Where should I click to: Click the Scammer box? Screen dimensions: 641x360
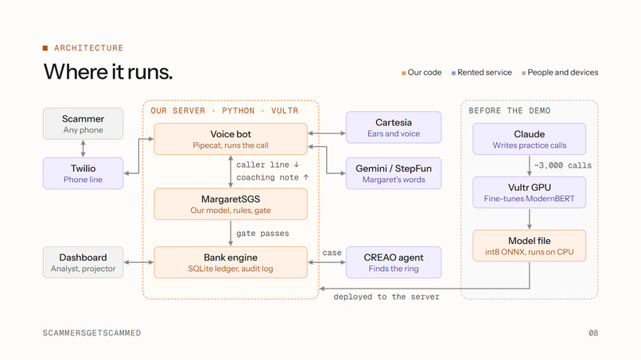[83, 124]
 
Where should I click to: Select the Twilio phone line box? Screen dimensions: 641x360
[83, 173]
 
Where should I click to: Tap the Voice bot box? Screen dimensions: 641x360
[231, 139]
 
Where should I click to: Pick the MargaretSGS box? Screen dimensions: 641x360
[231, 204]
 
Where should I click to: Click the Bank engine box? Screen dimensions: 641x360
[231, 262]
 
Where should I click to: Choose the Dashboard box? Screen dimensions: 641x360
[83, 262]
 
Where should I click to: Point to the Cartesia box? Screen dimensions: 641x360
[394, 127]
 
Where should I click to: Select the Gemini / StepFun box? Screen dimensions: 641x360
[394, 173]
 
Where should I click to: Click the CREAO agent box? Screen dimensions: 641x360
[394, 262]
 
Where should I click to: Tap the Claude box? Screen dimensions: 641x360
[530, 139]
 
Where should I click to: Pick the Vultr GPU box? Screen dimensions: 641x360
[530, 192]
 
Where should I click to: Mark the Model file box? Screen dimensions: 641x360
[530, 246]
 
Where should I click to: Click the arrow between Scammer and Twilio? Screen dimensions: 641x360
[83, 149]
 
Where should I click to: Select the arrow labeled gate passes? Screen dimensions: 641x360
[231, 234]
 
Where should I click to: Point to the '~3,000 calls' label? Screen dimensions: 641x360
[562, 165]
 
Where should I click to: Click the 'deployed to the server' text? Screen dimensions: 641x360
[387, 296]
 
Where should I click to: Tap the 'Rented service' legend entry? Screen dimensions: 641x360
[482, 72]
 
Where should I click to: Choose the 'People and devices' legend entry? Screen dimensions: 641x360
[560, 72]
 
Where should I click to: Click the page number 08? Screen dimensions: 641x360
[593, 333]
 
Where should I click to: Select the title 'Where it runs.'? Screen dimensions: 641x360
[108, 72]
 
